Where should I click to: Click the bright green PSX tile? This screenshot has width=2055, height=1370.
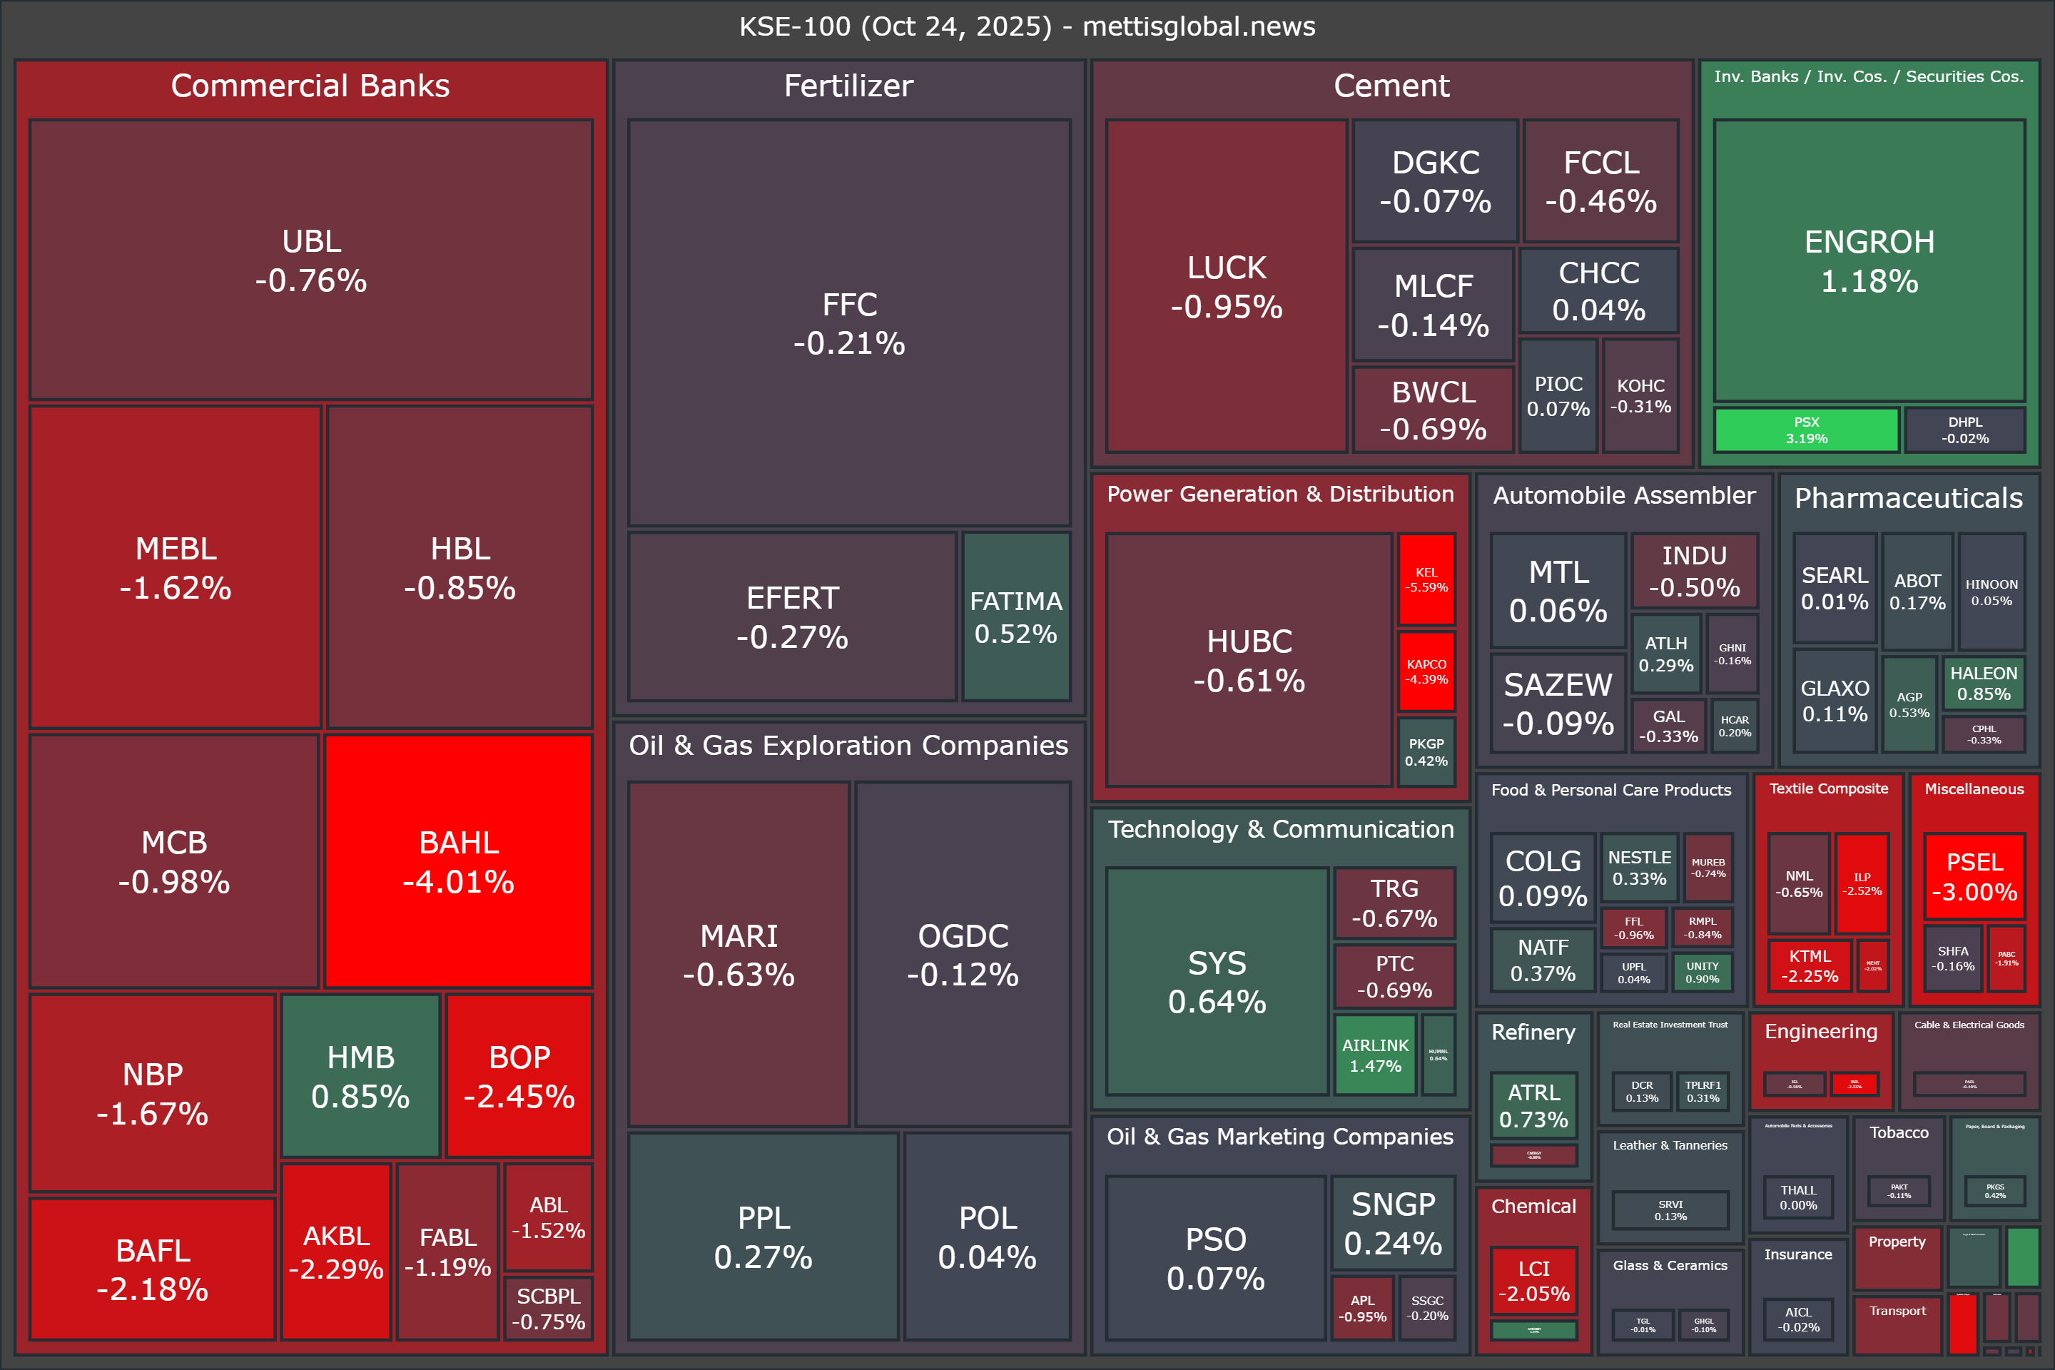[x=1806, y=430]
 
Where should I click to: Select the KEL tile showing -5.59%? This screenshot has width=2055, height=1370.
[x=1426, y=579]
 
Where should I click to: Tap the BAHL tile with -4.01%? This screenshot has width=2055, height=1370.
[x=459, y=861]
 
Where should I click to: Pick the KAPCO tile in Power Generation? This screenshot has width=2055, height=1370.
[x=1426, y=671]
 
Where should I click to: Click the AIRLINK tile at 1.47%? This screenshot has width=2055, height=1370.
[x=1375, y=1055]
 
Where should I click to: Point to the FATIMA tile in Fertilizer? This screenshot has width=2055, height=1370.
[x=1016, y=616]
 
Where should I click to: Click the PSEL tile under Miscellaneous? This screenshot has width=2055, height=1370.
[x=1974, y=876]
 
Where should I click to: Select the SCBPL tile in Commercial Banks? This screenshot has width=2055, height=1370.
[x=549, y=1308]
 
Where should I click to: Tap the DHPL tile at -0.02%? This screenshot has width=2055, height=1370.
[x=1965, y=430]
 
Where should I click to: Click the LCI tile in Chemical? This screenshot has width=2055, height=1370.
[x=1533, y=1280]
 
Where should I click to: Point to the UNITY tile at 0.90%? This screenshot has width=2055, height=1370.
[x=1702, y=972]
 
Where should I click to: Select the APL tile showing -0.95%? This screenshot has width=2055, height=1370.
[x=1362, y=1308]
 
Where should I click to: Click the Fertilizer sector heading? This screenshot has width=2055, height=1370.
[x=848, y=86]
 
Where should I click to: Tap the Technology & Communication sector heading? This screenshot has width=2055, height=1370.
[x=1281, y=829]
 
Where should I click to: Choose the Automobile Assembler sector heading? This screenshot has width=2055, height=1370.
[x=1624, y=495]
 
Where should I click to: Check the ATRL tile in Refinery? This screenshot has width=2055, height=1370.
[x=1533, y=1105]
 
